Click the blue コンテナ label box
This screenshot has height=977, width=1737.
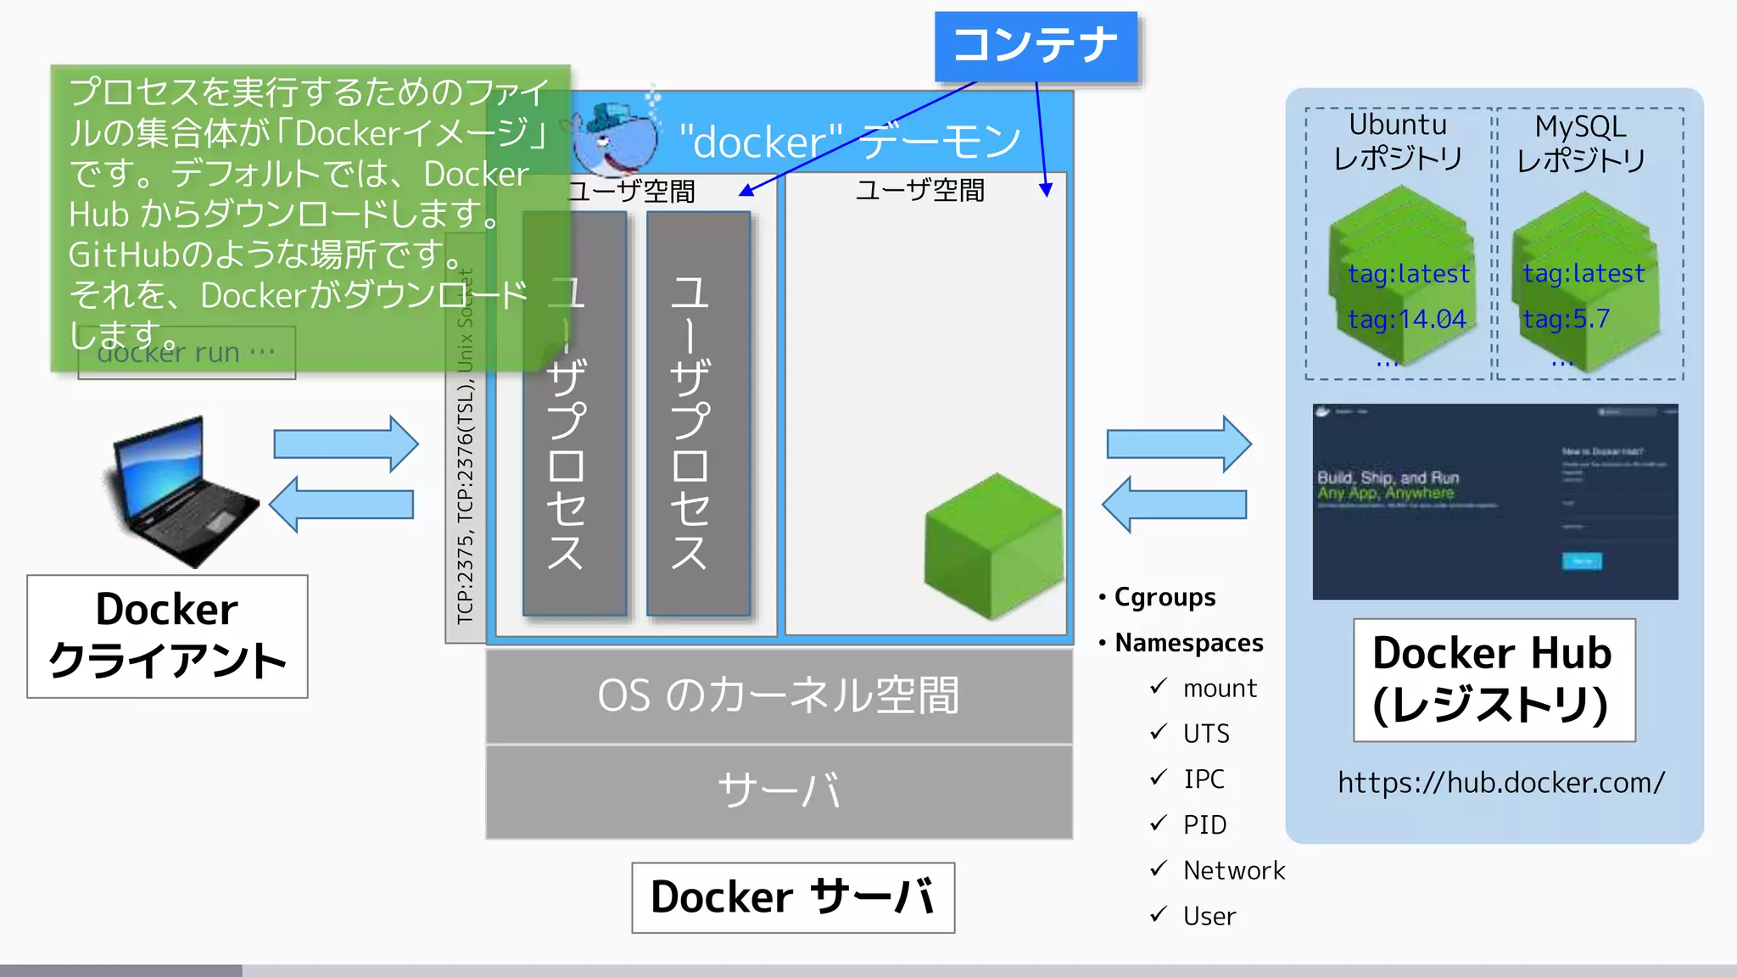pos(1036,46)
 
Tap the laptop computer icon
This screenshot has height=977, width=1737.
pos(182,492)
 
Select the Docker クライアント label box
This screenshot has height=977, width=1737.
pos(167,636)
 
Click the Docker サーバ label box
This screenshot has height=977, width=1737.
pos(793,897)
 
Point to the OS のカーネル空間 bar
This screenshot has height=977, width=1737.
pos(779,695)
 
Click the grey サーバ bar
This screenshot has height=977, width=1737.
pos(779,791)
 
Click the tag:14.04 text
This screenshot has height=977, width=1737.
pos(1407,319)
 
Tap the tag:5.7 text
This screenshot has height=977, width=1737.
pos(1566,319)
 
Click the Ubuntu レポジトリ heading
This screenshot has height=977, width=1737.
pos(1398,142)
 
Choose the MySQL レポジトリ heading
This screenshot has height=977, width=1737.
pos(1581,142)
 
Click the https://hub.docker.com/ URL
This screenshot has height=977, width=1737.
pos(1500,782)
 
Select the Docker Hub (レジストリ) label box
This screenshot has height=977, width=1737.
pos(1494,679)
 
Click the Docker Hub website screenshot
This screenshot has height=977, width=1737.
pos(1494,501)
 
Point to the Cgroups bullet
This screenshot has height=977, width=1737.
pos(1164,597)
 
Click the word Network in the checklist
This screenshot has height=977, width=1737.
pos(1234,870)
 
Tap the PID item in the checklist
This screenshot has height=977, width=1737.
pos(1204,824)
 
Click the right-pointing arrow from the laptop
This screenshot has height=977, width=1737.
pos(345,444)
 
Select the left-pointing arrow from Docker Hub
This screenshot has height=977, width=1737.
pos(1174,504)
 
